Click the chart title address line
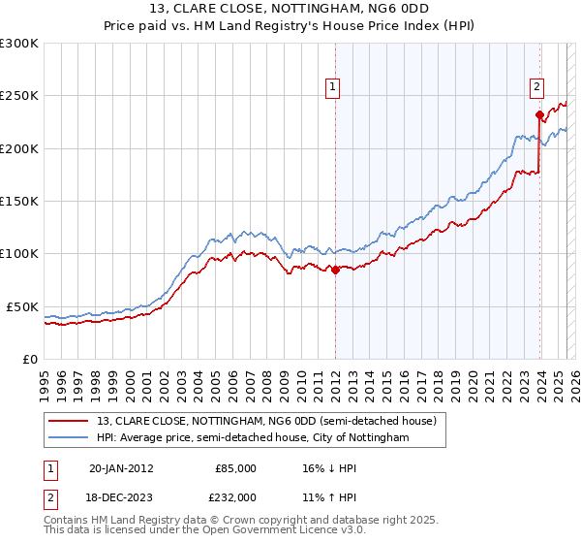pyautogui.click(x=290, y=10)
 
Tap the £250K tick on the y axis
pyautogui.click(x=18, y=96)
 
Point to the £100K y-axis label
pyautogui.click(x=18, y=254)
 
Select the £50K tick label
pyautogui.click(x=22, y=306)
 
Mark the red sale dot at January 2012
pyautogui.click(x=335, y=271)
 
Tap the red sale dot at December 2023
pyautogui.click(x=539, y=115)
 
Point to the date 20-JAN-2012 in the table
pyautogui.click(x=120, y=468)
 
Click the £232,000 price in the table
pyautogui.click(x=235, y=496)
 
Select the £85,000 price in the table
pyautogui.click(x=235, y=468)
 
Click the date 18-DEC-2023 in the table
pyautogui.click(x=120, y=496)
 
